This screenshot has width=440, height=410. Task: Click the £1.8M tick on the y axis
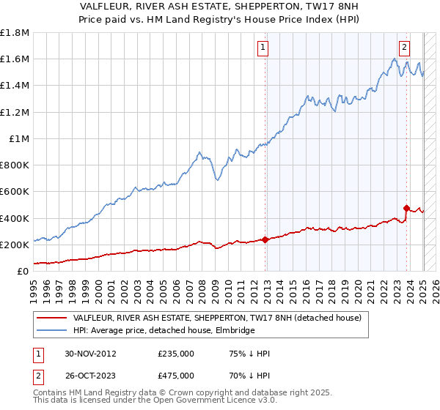tap(15, 33)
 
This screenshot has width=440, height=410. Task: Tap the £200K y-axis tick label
tap(15, 245)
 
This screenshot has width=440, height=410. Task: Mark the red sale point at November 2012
tap(265, 239)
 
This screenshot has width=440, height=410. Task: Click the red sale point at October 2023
tap(406, 208)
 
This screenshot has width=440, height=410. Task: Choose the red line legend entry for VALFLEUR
tap(217, 318)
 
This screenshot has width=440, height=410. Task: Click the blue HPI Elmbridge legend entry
tap(164, 331)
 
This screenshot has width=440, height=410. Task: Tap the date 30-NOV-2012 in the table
tap(91, 353)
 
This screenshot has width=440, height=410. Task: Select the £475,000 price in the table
tap(176, 375)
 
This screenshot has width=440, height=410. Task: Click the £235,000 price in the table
tap(176, 353)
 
